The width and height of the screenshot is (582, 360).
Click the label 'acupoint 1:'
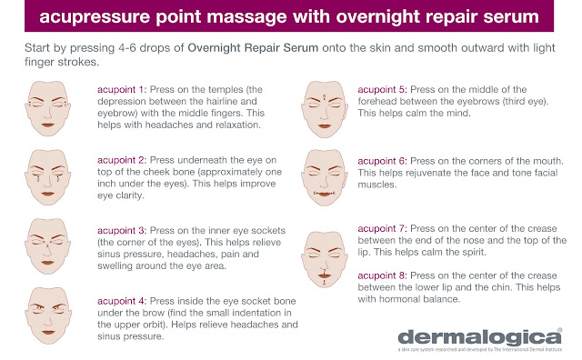tap(122, 89)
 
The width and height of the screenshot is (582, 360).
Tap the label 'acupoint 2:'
tap(122, 160)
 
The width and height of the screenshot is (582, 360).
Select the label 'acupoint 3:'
tap(122, 231)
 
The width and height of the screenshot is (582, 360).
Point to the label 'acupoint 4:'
tap(122, 301)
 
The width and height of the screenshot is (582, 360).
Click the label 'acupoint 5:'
tap(382, 89)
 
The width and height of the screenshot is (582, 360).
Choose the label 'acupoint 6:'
tap(382, 161)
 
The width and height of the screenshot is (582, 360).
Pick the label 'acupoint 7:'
tap(382, 228)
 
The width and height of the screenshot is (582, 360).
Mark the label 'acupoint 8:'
tap(382, 275)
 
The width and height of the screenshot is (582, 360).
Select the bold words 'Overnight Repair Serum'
tap(253, 48)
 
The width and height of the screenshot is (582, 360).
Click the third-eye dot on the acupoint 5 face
tap(325, 97)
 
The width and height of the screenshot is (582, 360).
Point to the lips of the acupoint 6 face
tap(325, 195)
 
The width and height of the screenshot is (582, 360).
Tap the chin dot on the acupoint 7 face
tap(325, 283)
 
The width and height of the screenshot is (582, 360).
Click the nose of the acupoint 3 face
tap(47, 251)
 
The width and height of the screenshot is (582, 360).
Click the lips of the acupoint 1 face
tap(48, 125)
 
